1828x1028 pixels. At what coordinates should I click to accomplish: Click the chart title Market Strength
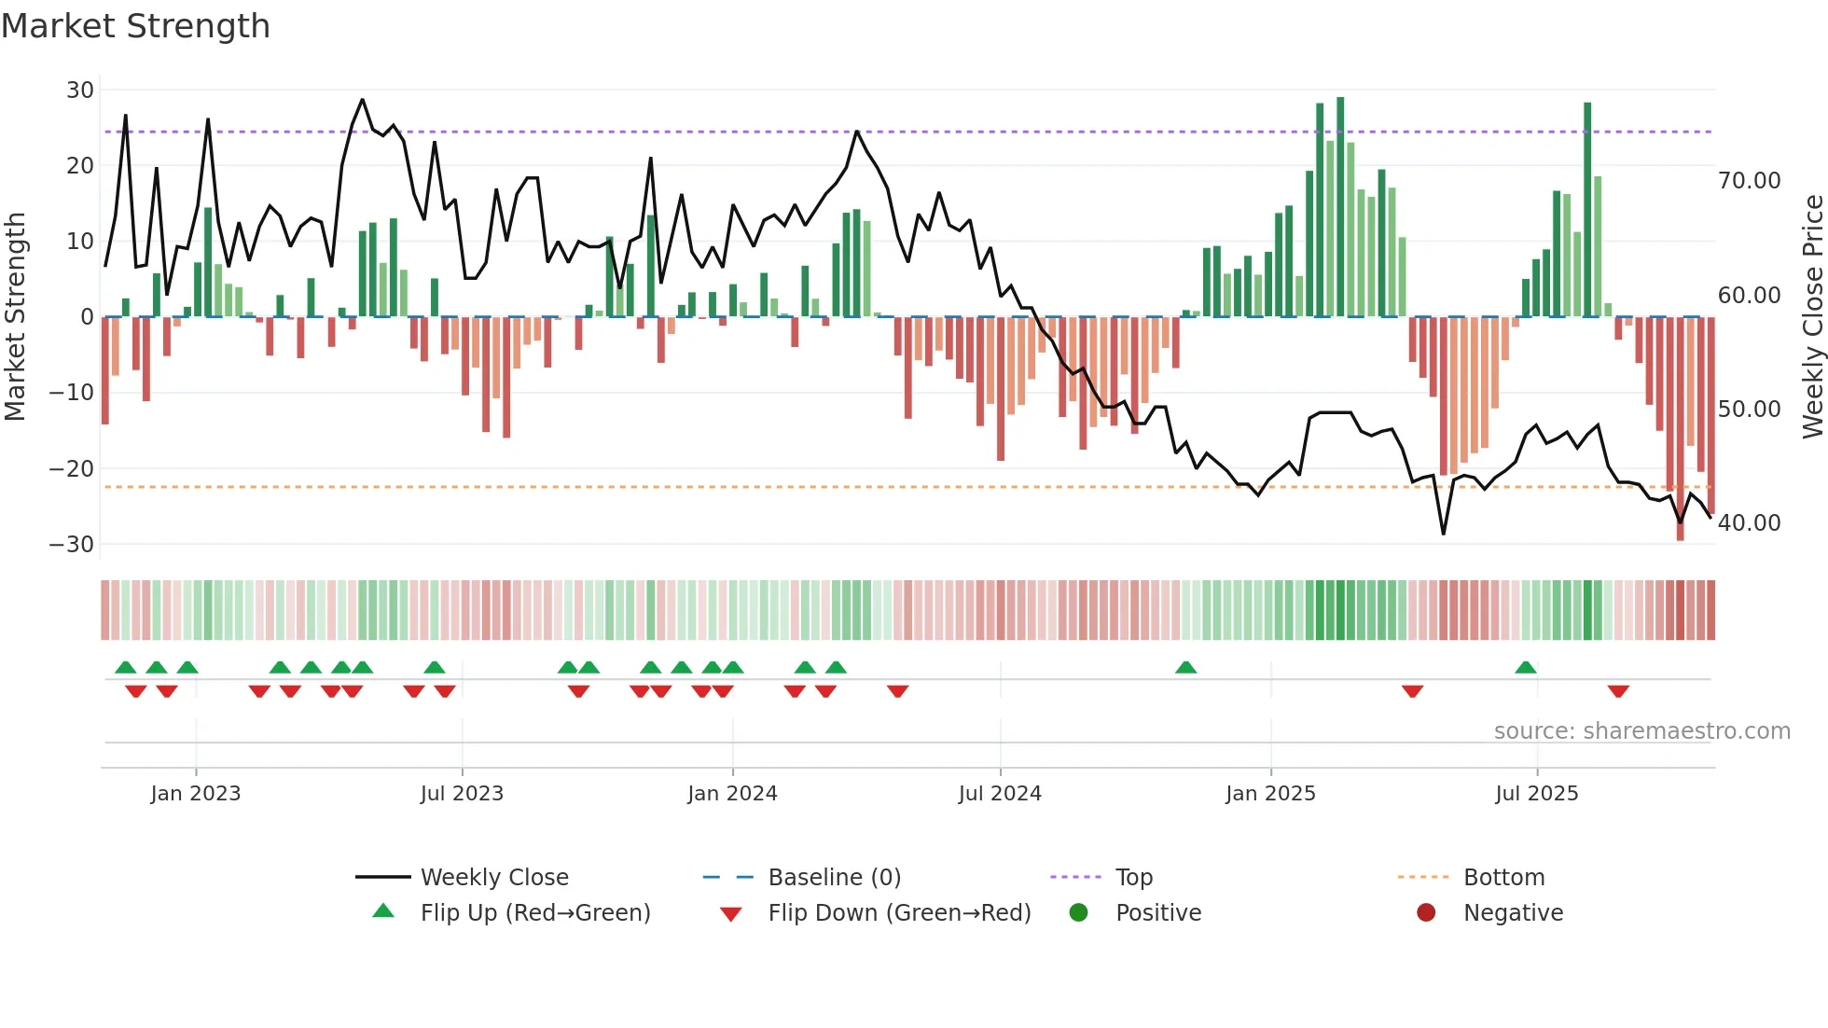(136, 26)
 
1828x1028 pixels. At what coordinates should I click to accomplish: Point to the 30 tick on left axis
(80, 90)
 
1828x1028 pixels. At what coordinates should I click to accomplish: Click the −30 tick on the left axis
(73, 544)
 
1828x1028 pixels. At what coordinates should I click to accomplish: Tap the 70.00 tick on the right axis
(1749, 181)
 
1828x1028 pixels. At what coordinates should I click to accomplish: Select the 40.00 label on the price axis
(1749, 523)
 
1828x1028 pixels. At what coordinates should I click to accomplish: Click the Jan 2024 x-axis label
(732, 794)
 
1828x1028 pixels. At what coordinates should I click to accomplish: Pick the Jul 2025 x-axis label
(1536, 794)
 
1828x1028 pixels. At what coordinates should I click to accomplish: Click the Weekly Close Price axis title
(1812, 317)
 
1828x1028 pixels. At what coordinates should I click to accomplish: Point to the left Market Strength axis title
(15, 317)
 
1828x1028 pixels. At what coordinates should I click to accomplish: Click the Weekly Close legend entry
(493, 878)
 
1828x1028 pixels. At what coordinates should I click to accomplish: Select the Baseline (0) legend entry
(834, 878)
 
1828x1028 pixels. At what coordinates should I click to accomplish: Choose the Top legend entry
(1133, 878)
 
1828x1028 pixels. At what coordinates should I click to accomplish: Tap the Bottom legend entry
(1503, 878)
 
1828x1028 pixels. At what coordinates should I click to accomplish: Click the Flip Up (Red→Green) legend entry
(534, 913)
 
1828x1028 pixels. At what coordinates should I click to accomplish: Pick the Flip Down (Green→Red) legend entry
(898, 913)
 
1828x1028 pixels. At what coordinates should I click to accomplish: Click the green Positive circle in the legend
(1079, 913)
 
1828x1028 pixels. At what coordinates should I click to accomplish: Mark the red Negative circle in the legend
(1426, 913)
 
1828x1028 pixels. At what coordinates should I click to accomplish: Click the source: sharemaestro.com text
(1641, 731)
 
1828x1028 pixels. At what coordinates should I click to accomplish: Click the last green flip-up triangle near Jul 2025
(1526, 668)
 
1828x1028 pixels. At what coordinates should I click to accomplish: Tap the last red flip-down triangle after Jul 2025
(1618, 691)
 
